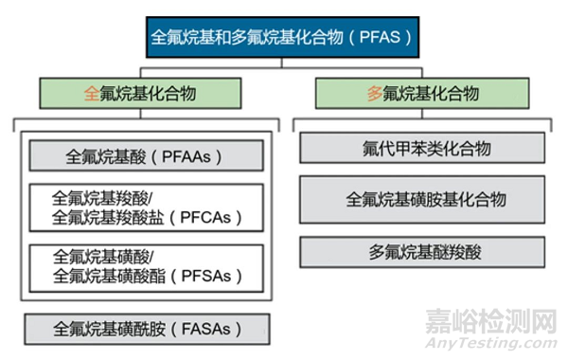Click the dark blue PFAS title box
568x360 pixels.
tap(283, 39)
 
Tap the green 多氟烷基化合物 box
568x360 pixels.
tap(421, 94)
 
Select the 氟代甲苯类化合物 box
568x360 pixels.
tap(422, 148)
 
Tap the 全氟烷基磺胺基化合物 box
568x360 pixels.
tap(422, 199)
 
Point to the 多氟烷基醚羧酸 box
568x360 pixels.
tap(422, 252)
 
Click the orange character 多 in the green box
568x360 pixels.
tap(374, 94)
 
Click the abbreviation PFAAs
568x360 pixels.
tap(191, 154)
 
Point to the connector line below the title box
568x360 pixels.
tap(283, 63)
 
